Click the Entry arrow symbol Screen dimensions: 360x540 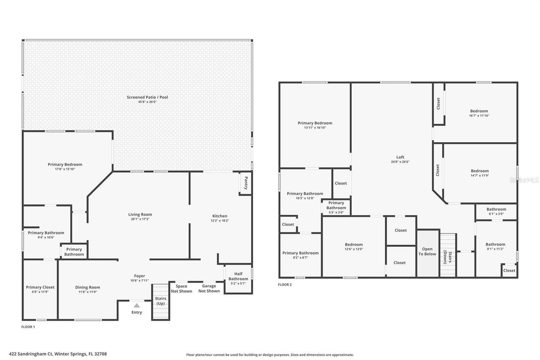coord(136,305)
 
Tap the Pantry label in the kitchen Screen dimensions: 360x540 coord(246,183)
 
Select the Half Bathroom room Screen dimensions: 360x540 coord(238,279)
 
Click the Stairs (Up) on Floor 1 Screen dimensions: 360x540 coord(161,301)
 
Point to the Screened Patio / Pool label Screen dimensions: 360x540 coord(147,97)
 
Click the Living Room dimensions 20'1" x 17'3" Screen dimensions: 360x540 coord(140,219)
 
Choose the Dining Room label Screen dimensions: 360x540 coord(88,287)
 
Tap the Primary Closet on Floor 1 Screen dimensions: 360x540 coord(40,290)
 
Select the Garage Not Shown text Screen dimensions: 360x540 coord(209,289)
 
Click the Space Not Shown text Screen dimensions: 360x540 coord(181,289)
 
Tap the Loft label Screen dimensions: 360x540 coord(400,157)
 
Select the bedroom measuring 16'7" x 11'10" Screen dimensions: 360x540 coord(479,113)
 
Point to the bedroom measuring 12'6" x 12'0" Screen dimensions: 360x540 coord(354,247)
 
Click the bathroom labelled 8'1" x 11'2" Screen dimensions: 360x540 coord(495,246)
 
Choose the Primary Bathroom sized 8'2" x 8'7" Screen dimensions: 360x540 coord(300,255)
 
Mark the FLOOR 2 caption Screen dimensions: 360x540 coord(285,284)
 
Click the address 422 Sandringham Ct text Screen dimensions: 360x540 coord(58,354)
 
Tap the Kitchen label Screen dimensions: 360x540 coord(219,216)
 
